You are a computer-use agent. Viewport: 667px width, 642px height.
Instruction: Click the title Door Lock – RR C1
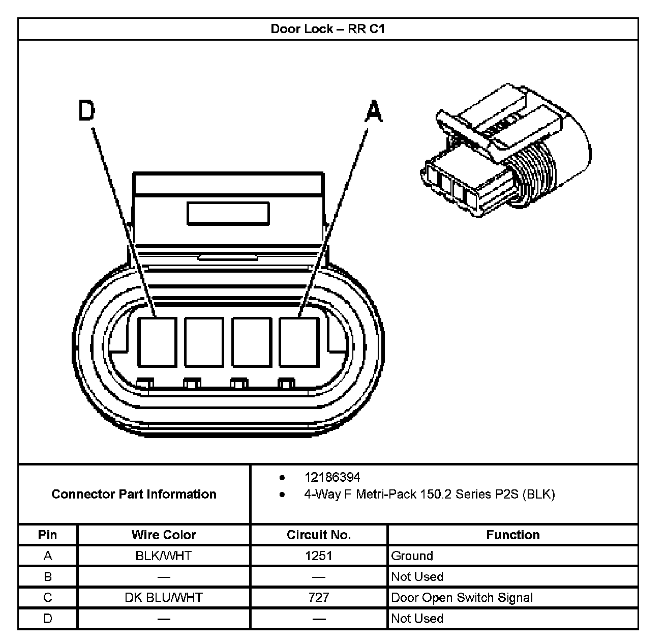pyautogui.click(x=327, y=29)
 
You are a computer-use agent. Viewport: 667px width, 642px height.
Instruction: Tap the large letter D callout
pyautogui.click(x=87, y=111)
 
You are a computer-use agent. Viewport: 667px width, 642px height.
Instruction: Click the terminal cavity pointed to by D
pyautogui.click(x=158, y=341)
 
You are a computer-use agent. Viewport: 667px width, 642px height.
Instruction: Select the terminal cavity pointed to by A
pyautogui.click(x=298, y=341)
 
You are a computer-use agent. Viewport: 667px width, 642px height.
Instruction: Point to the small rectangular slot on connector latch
pyautogui.click(x=228, y=213)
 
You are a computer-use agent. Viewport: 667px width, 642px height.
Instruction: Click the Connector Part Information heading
pyautogui.click(x=134, y=494)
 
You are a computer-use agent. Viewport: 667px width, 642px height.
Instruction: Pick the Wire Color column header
pyautogui.click(x=164, y=535)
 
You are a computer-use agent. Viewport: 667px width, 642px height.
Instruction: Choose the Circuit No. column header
pyautogui.click(x=319, y=535)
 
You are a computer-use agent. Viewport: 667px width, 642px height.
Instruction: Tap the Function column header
pyautogui.click(x=512, y=535)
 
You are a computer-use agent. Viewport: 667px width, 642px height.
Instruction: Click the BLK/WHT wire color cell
pyautogui.click(x=164, y=556)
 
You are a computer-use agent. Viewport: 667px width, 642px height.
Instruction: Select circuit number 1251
pyautogui.click(x=319, y=556)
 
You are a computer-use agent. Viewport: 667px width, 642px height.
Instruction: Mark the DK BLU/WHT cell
pyautogui.click(x=164, y=597)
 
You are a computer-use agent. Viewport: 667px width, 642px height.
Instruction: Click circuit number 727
pyautogui.click(x=319, y=597)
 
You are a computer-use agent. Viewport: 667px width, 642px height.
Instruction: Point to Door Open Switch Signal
pyautogui.click(x=462, y=597)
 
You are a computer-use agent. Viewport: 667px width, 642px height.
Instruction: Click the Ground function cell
pyautogui.click(x=412, y=556)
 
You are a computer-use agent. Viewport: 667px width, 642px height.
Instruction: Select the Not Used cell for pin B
pyautogui.click(x=417, y=576)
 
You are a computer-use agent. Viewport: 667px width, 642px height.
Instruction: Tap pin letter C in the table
pyautogui.click(x=48, y=597)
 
